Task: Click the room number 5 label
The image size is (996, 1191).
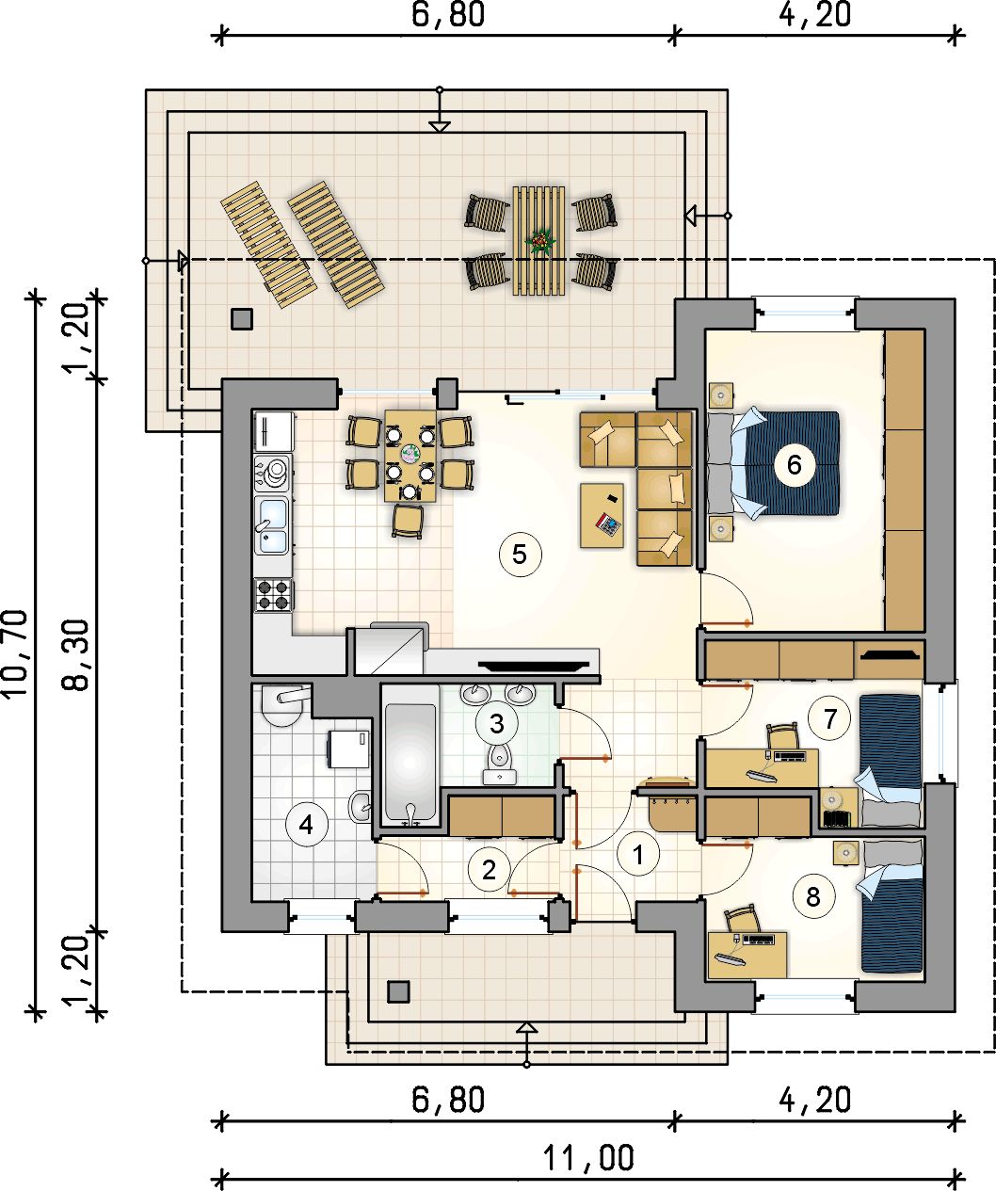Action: [519, 554]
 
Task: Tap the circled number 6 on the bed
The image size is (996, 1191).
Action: [794, 465]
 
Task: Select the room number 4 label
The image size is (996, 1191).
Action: [307, 824]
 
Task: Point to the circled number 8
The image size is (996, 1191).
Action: [812, 897]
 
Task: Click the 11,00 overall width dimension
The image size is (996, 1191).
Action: [587, 1157]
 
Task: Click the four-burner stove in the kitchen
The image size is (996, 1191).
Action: [273, 595]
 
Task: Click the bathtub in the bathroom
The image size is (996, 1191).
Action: [409, 761]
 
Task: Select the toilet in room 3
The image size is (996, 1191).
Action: [500, 763]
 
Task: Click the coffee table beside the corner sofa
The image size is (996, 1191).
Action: [602, 516]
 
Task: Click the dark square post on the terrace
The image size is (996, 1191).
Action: [242, 319]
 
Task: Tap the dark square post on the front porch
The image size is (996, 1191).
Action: [398, 992]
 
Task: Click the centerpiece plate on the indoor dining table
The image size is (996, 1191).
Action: [410, 455]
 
